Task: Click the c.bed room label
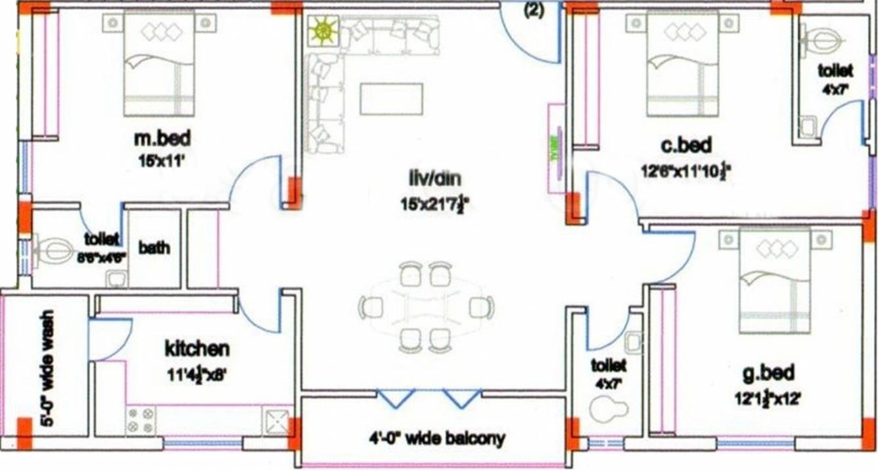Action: click(687, 145)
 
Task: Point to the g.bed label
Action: click(768, 373)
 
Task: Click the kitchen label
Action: click(196, 347)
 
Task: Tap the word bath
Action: click(154, 247)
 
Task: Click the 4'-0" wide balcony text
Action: click(436, 437)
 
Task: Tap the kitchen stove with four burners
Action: click(141, 420)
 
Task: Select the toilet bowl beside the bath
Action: click(56, 251)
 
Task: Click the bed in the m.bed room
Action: click(159, 64)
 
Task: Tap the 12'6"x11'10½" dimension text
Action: click(686, 171)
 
